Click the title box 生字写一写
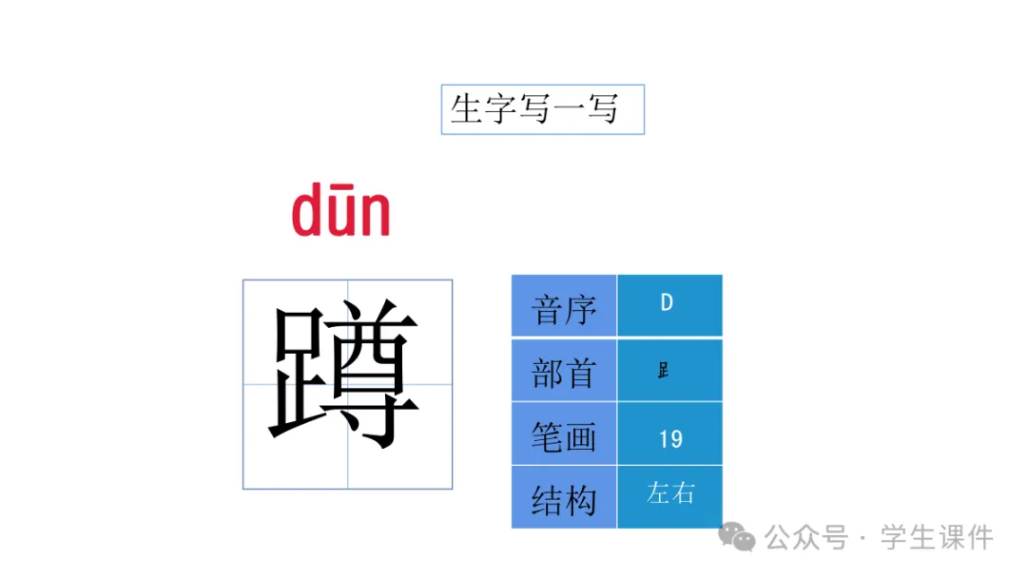[542, 109]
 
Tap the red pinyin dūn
[340, 212]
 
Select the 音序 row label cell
[564, 306]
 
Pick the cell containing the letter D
[668, 304]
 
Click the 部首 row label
[564, 371]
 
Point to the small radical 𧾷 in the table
[663, 371]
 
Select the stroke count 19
[669, 438]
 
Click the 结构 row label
[564, 498]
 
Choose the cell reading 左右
[669, 493]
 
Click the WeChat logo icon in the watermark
[737, 537]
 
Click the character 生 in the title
[466, 109]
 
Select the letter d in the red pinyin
[309, 212]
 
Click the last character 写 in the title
[602, 109]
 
